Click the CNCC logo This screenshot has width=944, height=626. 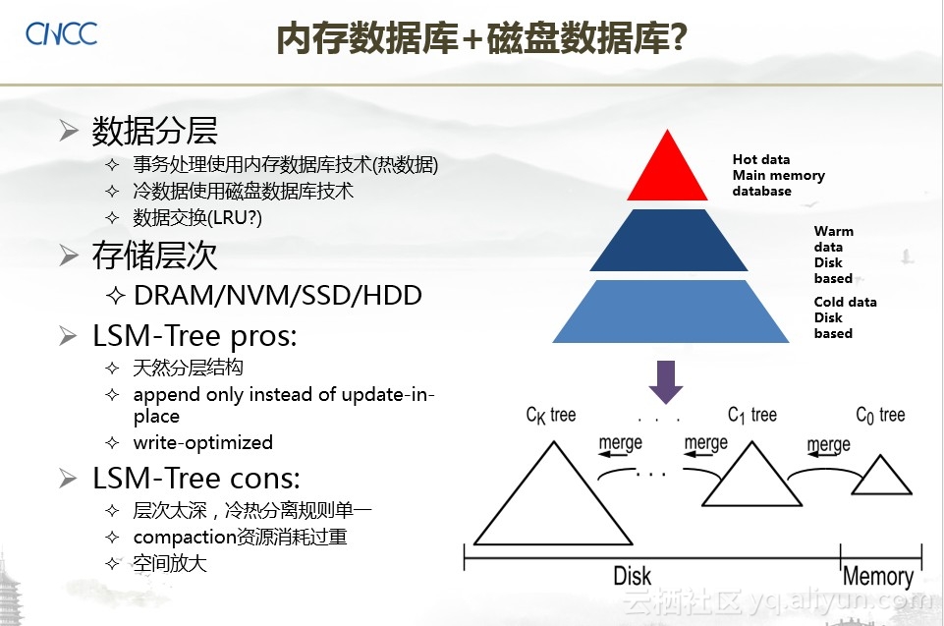pos(61,33)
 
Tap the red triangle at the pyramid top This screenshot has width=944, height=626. pos(667,172)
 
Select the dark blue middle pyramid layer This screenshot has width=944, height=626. pos(669,241)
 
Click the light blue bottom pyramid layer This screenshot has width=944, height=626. pos(671,313)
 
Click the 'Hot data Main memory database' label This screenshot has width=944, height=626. pos(778,175)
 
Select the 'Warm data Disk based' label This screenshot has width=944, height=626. pos(833,255)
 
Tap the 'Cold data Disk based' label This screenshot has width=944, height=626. pos(845,317)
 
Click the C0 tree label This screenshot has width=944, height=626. pos(880,415)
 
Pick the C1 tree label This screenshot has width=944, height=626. pos(751,415)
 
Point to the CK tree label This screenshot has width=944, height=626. pos(551,415)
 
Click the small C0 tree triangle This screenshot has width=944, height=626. pos(881,476)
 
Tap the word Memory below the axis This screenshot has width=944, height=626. pos(878,577)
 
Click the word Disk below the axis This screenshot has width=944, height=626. pos(633,576)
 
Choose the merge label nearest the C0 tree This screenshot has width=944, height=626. pos(828,445)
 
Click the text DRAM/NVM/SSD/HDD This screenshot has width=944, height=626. pos(278,295)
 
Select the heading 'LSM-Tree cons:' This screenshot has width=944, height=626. pos(196,479)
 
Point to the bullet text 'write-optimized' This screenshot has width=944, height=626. pos(203,443)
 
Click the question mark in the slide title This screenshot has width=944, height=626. pos(678,37)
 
